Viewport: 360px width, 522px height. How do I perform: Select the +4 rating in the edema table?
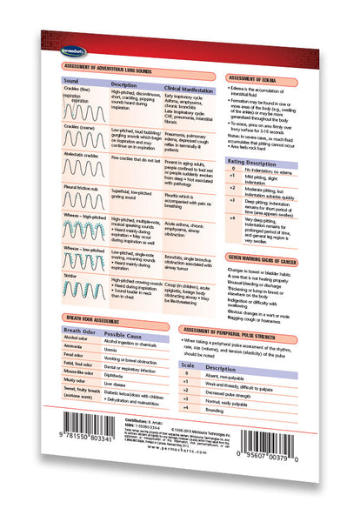231,217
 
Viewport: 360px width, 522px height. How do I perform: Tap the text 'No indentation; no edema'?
269,173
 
